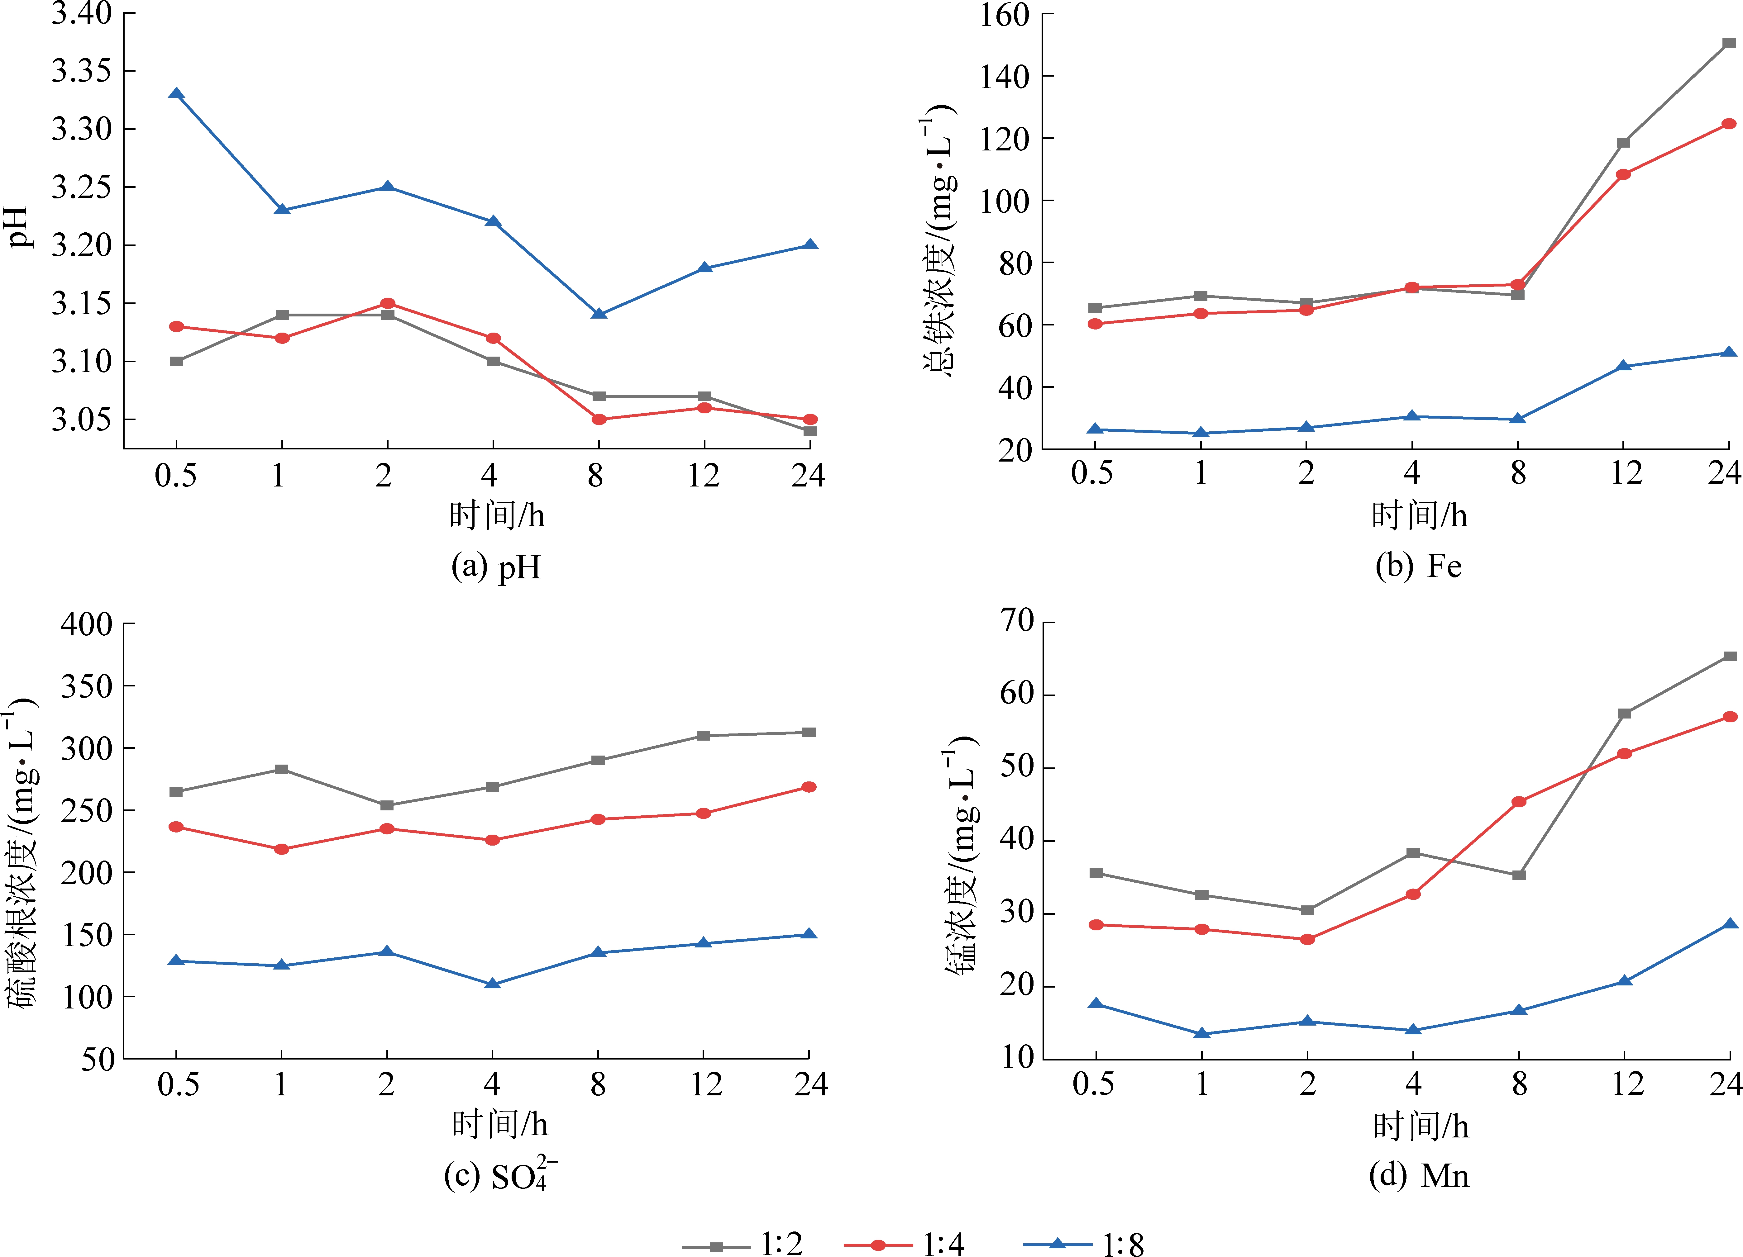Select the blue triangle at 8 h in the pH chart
click(x=599, y=314)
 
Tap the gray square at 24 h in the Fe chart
click(x=1728, y=43)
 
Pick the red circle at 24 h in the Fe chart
click(x=1728, y=124)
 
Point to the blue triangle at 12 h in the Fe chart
click(x=1623, y=366)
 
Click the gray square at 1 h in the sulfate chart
click(x=281, y=769)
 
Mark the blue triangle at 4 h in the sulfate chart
click(x=493, y=984)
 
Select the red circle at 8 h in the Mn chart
click(x=1519, y=801)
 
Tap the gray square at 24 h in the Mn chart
click(x=1729, y=656)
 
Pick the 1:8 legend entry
click(x=1084, y=1243)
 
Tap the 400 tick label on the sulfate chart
click(x=86, y=624)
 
